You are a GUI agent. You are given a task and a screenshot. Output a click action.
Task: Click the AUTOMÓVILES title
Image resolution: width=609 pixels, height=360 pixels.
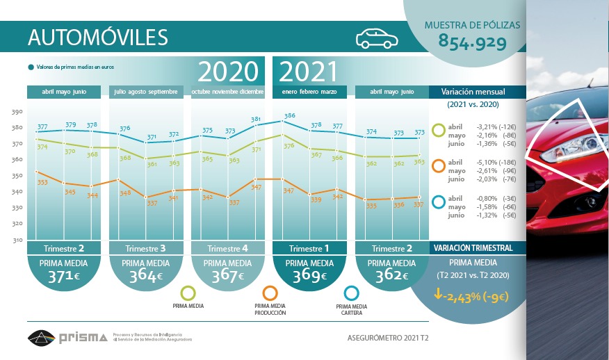[97, 37]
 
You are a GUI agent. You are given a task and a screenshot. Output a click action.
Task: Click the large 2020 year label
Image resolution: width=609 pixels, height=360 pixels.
[228, 72]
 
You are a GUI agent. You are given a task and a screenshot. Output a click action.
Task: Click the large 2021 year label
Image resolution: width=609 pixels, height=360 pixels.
[309, 72]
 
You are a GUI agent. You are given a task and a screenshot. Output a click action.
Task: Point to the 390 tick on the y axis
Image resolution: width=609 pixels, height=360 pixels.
[17, 111]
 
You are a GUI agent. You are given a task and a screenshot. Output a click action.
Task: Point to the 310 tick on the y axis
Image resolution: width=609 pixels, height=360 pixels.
[17, 240]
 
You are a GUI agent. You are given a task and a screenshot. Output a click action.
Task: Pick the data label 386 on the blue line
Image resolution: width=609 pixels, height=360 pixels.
[290, 115]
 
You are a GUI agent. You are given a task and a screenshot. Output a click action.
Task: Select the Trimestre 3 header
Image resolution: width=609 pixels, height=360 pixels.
[146, 248]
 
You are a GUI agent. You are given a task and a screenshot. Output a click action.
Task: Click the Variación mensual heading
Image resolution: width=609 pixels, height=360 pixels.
[472, 92]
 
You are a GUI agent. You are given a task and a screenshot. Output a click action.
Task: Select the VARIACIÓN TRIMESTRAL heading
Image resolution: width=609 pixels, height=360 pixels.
[473, 248]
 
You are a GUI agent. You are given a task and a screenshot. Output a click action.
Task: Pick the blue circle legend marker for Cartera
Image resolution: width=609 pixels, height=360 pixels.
[351, 293]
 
